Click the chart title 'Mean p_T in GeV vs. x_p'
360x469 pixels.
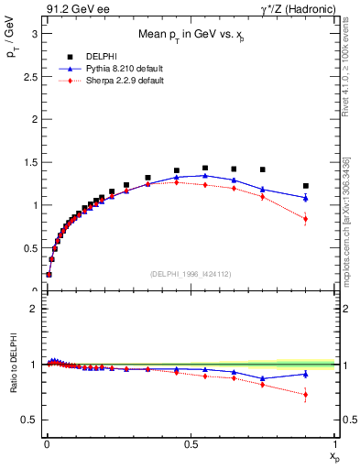(x=191, y=36)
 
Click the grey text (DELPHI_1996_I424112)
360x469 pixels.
(x=191, y=273)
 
